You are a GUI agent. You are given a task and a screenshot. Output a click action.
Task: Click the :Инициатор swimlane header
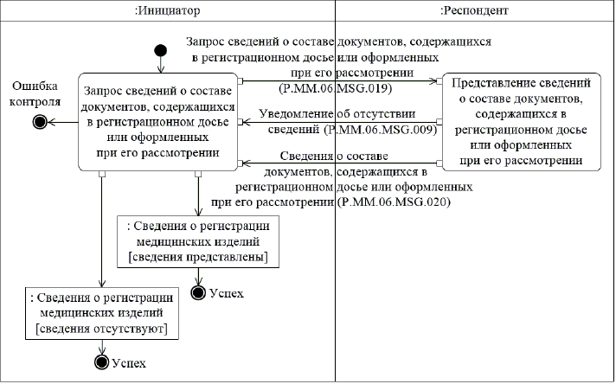[168, 11]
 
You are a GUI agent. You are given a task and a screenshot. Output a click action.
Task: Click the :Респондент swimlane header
[475, 11]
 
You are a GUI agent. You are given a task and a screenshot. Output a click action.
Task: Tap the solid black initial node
[159, 49]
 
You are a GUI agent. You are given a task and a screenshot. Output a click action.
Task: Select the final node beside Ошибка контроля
[39, 122]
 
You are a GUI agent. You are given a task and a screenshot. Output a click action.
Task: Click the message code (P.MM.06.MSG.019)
[337, 89]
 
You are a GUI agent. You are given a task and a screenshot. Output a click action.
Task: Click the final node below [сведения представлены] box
[198, 292]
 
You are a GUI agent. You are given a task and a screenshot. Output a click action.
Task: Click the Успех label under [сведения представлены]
[227, 293]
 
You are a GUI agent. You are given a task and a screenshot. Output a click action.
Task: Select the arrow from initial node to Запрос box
[159, 65]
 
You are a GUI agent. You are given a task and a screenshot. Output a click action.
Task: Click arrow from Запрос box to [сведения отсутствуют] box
[103, 229]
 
